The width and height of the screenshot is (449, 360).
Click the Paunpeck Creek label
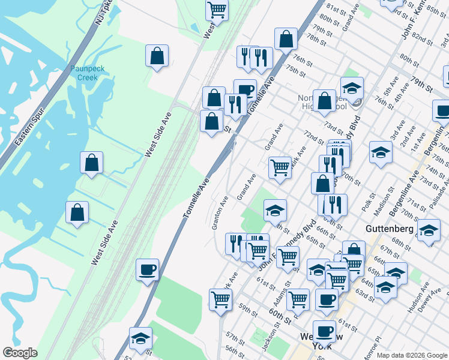[x=87, y=73]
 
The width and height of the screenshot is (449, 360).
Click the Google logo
[x=20, y=353]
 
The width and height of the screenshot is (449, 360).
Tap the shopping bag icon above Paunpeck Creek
[x=157, y=56]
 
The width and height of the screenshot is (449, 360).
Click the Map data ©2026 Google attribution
[x=412, y=355]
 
